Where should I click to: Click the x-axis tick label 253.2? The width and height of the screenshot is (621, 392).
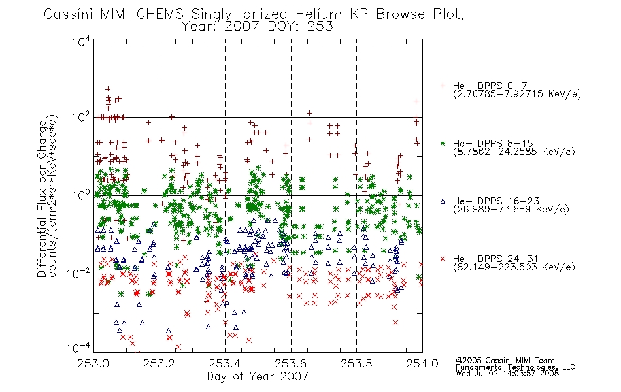pyautogui.click(x=159, y=363)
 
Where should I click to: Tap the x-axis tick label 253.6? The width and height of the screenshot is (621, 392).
pyautogui.click(x=291, y=363)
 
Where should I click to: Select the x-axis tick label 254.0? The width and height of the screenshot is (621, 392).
pyautogui.click(x=422, y=363)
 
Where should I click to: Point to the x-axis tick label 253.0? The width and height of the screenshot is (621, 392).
pyautogui.click(x=93, y=363)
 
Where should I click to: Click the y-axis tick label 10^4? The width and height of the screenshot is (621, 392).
pyautogui.click(x=81, y=41)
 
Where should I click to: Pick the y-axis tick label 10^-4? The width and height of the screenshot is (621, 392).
pyautogui.click(x=78, y=348)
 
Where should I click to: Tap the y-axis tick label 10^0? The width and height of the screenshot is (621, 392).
pyautogui.click(x=81, y=195)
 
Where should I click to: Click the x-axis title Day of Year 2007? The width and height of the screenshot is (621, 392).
pyautogui.click(x=258, y=376)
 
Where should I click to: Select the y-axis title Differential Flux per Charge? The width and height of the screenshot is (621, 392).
pyautogui.click(x=42, y=199)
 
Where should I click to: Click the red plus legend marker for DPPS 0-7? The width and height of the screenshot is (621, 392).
pyautogui.click(x=443, y=86)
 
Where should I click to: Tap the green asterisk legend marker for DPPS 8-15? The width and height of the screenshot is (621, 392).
pyautogui.click(x=443, y=143)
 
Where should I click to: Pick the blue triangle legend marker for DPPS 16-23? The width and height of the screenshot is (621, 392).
pyautogui.click(x=443, y=201)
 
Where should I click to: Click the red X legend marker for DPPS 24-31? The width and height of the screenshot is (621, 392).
pyautogui.click(x=443, y=259)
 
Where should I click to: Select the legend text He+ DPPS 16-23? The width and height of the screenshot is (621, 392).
pyautogui.click(x=496, y=201)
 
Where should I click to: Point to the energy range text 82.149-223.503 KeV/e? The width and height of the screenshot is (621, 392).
pyautogui.click(x=514, y=267)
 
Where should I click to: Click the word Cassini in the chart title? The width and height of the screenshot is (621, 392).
pyautogui.click(x=69, y=14)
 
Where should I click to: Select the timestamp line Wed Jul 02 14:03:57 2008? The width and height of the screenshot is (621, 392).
pyautogui.click(x=507, y=373)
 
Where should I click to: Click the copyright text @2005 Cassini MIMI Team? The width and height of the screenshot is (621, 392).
pyautogui.click(x=505, y=361)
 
